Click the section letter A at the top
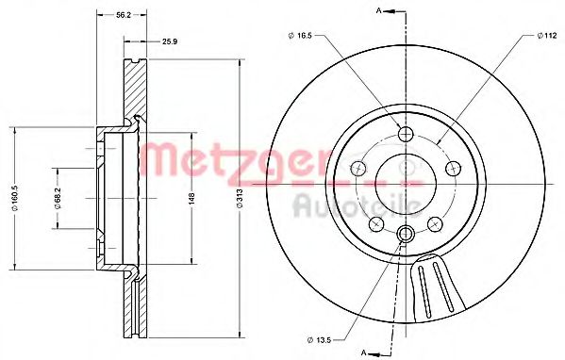pos(378,10)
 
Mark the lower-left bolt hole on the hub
pos(376,223)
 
